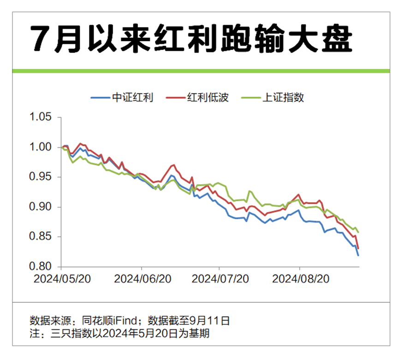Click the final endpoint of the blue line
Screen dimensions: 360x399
(x=358, y=255)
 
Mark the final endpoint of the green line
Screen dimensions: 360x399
(x=358, y=232)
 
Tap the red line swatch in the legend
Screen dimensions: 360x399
(x=175, y=97)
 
